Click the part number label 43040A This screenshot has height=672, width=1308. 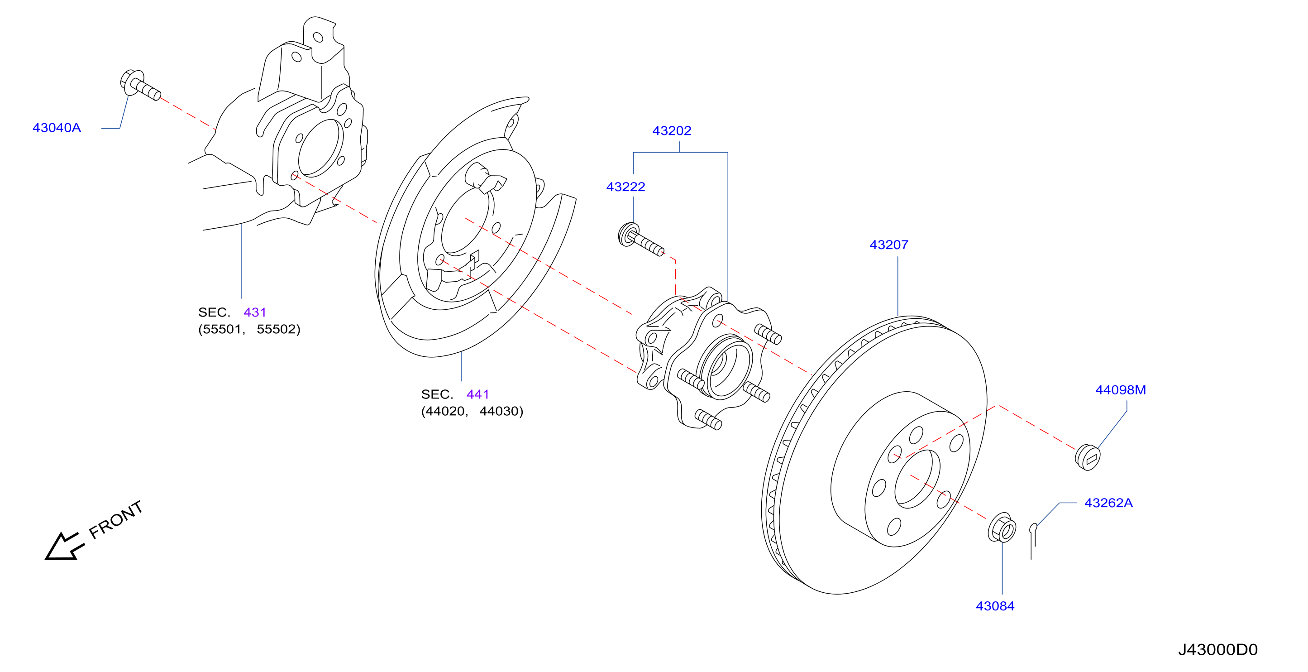click(57, 128)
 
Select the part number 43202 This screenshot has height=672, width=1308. click(671, 130)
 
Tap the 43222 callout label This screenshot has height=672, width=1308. click(625, 187)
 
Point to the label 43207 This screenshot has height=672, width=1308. click(888, 245)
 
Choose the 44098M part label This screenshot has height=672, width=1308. click(1120, 389)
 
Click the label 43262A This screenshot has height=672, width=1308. click(1108, 502)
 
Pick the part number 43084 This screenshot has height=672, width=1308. click(995, 605)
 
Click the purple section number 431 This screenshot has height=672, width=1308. click(254, 312)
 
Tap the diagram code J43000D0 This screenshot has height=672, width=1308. click(1217, 649)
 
